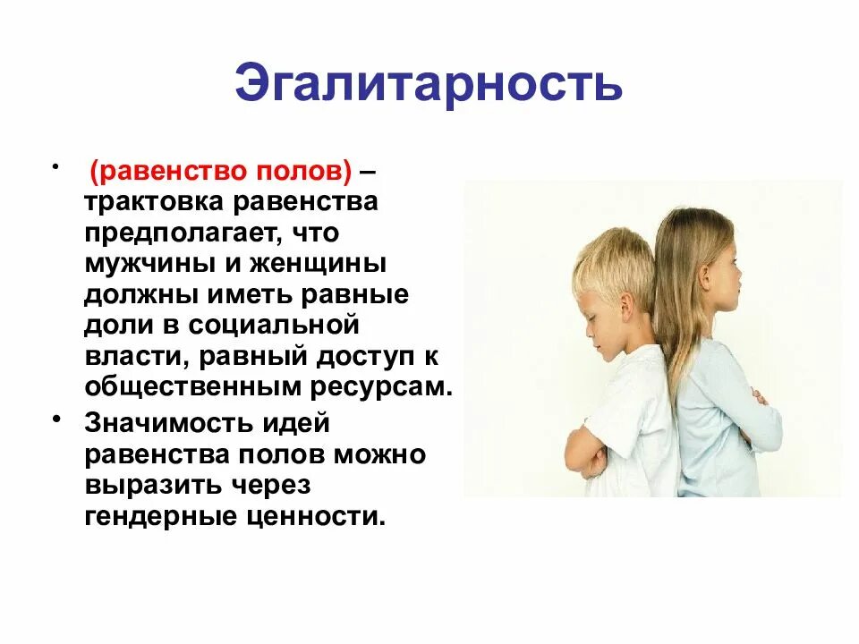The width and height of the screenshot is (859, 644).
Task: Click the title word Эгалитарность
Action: [x=429, y=83]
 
